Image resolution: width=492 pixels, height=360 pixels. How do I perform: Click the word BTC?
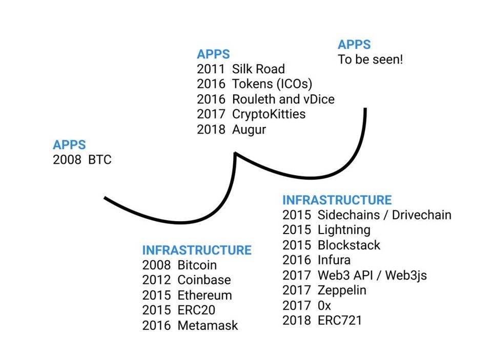[99, 160]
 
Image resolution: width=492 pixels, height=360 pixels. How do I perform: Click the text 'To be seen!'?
[371, 59]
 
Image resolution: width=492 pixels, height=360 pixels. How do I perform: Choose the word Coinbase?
[204, 280]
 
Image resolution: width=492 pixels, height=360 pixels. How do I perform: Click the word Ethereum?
[204, 295]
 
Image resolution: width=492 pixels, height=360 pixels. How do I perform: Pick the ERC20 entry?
[196, 310]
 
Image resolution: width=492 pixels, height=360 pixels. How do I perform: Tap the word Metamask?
[208, 325]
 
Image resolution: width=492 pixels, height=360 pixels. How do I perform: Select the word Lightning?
[343, 229]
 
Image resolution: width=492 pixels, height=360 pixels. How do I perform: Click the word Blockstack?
[349, 245]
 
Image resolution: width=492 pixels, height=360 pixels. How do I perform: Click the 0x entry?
[324, 306]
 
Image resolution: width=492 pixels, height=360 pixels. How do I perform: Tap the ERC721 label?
[340, 321]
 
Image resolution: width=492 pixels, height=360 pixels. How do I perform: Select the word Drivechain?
[421, 215]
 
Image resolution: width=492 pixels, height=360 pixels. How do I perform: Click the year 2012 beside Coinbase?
[156, 280]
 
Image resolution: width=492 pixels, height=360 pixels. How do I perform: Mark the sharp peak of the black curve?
[235, 153]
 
